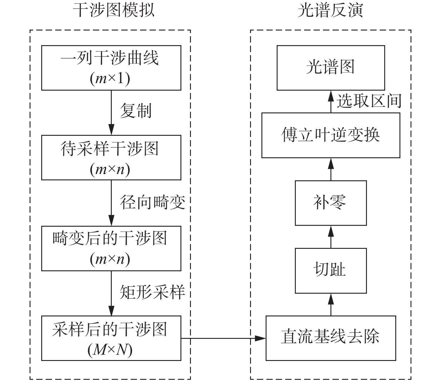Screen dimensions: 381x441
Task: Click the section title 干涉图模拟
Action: pyautogui.click(x=114, y=11)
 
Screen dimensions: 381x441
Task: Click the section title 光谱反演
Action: pyautogui.click(x=330, y=11)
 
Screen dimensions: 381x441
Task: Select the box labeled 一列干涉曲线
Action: pyautogui.click(x=111, y=68)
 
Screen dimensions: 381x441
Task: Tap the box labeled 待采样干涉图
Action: pyautogui.click(x=111, y=157)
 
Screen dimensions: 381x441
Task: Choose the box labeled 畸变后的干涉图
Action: pyautogui.click(x=111, y=248)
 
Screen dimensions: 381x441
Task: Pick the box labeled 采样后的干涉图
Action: pyautogui.click(x=111, y=338)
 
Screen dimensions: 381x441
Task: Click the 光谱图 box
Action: pyautogui.click(x=330, y=68)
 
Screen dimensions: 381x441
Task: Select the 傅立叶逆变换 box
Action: pyautogui.click(x=330, y=135)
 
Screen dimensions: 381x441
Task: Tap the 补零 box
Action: pyautogui.click(x=330, y=203)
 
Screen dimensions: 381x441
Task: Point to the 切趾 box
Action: pyautogui.click(x=330, y=270)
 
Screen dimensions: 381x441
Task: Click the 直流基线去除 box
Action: pyautogui.click(x=330, y=338)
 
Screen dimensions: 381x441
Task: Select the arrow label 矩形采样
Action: pyautogui.click(x=153, y=292)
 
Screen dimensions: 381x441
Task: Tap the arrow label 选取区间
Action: pyautogui.click(x=369, y=101)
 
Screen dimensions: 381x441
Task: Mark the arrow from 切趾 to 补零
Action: pyautogui.click(x=331, y=237)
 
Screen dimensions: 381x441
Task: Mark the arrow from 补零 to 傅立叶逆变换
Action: pyautogui.click(x=331, y=169)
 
